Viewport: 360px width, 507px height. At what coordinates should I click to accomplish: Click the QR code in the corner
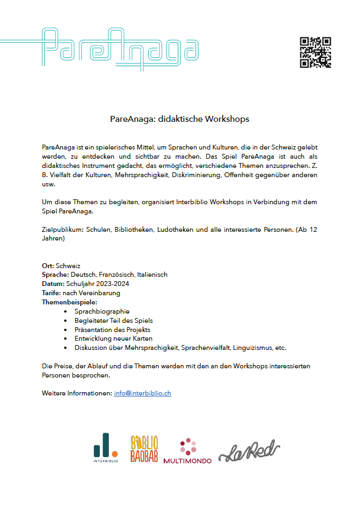(x=315, y=53)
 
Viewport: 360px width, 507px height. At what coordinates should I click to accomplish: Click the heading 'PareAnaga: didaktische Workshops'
(x=179, y=118)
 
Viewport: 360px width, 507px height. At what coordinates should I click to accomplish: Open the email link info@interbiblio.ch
(x=143, y=393)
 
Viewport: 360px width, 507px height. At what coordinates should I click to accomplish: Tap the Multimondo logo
(x=188, y=451)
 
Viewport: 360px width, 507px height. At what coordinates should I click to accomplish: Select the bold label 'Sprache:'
(x=55, y=275)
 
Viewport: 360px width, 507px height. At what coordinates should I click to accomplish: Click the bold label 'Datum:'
(x=53, y=284)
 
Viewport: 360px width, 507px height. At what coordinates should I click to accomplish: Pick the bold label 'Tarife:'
(x=52, y=293)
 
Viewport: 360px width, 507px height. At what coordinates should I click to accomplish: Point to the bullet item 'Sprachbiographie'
(x=102, y=311)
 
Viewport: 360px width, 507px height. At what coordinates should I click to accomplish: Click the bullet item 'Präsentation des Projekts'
(x=112, y=329)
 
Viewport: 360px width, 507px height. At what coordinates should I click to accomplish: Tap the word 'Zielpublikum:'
(x=62, y=230)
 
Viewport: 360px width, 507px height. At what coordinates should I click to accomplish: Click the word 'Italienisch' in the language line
(x=152, y=275)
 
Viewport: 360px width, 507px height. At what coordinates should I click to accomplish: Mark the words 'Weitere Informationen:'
(x=76, y=393)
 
